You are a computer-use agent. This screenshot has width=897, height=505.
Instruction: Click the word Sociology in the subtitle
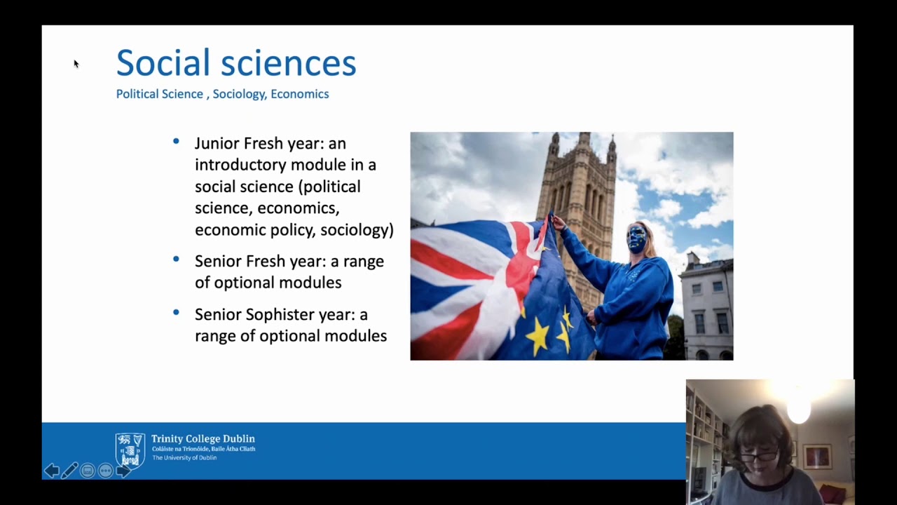[239, 94]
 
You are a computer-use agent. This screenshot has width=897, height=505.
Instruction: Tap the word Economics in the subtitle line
[299, 94]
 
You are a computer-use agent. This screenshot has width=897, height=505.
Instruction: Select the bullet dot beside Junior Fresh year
[176, 142]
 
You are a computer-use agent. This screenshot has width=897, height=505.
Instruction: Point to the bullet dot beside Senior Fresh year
[176, 260]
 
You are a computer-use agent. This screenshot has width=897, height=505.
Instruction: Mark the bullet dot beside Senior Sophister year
[176, 313]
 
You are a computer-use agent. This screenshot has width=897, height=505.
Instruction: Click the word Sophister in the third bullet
[280, 314]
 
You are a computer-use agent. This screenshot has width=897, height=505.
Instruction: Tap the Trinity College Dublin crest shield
[130, 450]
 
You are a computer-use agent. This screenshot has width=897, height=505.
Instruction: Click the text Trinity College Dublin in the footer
[203, 439]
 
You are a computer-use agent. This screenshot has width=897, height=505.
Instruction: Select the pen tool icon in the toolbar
[69, 471]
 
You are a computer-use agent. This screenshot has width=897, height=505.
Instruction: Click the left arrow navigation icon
[51, 471]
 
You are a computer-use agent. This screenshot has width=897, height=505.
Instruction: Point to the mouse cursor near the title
[76, 64]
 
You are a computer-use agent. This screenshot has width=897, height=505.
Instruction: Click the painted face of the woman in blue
[637, 239]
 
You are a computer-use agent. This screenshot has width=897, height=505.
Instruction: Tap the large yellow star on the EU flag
[537, 336]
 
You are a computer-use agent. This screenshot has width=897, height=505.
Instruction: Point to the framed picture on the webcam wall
[817, 456]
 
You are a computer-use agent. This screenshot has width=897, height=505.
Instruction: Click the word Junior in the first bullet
[217, 144]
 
